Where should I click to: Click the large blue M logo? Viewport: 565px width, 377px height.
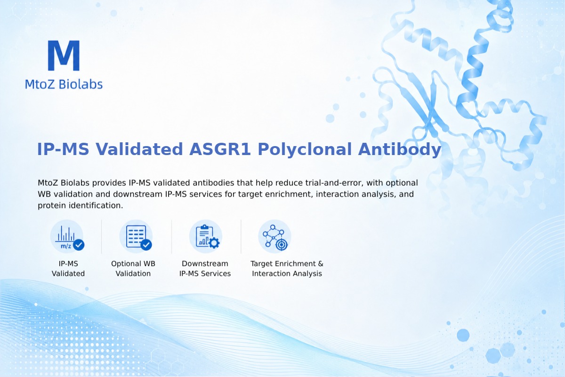tap(64, 55)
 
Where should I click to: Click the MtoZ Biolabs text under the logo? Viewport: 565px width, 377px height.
tap(64, 84)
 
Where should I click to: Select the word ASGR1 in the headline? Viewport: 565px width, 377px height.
tap(220, 149)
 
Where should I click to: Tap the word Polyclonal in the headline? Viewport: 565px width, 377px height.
tap(305, 149)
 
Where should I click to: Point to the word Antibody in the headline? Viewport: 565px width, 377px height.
tap(400, 149)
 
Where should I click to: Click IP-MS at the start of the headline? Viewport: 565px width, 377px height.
tap(63, 149)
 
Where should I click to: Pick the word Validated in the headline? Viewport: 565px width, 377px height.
tap(139, 149)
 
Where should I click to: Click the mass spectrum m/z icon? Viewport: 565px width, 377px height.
tap(67, 237)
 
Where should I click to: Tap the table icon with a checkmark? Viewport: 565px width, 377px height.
tap(136, 237)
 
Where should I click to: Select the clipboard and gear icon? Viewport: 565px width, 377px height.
tap(206, 237)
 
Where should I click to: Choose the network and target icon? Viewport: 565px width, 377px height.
tap(274, 237)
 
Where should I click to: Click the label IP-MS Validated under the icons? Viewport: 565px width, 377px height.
tap(68, 269)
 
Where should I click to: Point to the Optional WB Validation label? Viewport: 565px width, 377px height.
tap(133, 269)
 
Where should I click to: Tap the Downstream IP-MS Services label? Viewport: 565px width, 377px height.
tap(205, 269)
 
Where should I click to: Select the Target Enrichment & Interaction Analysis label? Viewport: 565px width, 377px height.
tap(287, 269)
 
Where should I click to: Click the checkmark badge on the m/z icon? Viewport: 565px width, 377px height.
tap(79, 245)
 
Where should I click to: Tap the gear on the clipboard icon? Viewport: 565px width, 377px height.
tap(214, 243)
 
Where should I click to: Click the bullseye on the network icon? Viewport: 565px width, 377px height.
tap(282, 245)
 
